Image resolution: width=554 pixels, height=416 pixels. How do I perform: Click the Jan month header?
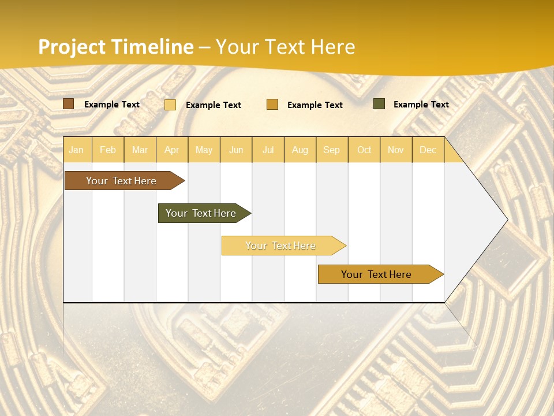[x=76, y=150]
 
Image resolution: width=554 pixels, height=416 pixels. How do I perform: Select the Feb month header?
[x=108, y=150]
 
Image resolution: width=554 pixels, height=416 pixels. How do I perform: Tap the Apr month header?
[x=172, y=150]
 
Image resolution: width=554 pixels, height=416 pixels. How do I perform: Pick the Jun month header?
[x=236, y=150]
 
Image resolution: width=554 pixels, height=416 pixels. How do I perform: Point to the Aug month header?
[x=300, y=150]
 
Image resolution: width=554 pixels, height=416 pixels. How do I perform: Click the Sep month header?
[x=332, y=150]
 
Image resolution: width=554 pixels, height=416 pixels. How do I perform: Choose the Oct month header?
[x=364, y=150]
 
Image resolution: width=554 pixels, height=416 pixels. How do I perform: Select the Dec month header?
[x=428, y=150]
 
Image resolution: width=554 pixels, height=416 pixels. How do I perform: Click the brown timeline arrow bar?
[x=122, y=181]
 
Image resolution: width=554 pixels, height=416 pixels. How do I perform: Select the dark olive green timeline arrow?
[x=201, y=213]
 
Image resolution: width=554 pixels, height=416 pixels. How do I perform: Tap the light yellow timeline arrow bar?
[x=281, y=246]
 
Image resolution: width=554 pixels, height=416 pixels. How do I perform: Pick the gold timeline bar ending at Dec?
[x=377, y=274]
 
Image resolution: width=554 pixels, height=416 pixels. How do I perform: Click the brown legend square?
[x=69, y=104]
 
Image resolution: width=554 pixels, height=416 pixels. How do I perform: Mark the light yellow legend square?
[x=170, y=105]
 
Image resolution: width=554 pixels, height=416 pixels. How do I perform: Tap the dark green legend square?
[x=379, y=104]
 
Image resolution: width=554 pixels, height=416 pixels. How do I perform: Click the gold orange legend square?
[x=272, y=105]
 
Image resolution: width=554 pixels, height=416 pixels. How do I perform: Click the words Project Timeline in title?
[x=116, y=47]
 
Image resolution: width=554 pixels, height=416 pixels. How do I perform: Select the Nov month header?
[x=396, y=150]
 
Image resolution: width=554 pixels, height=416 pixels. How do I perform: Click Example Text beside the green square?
[x=421, y=105]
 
